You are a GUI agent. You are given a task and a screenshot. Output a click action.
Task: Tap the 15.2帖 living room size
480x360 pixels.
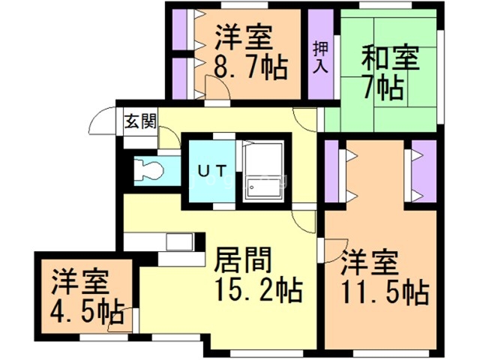[258, 286]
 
